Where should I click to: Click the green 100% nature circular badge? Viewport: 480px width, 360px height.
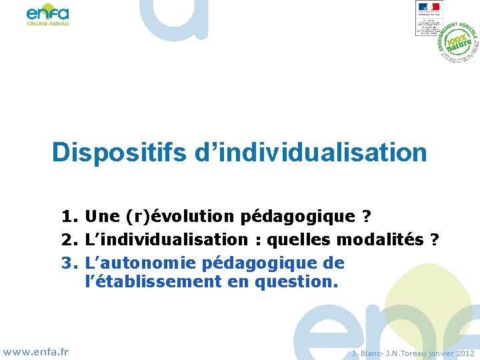pyautogui.click(x=459, y=42)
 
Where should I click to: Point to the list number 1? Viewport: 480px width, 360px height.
pyautogui.click(x=69, y=217)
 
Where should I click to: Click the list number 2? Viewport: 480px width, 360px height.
pyautogui.click(x=69, y=239)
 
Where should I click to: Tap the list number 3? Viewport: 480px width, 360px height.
pyautogui.click(x=69, y=261)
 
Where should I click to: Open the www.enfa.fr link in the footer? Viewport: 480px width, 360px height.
pyautogui.click(x=36, y=351)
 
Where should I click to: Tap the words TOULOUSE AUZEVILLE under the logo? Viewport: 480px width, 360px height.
pyautogui.click(x=47, y=23)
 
